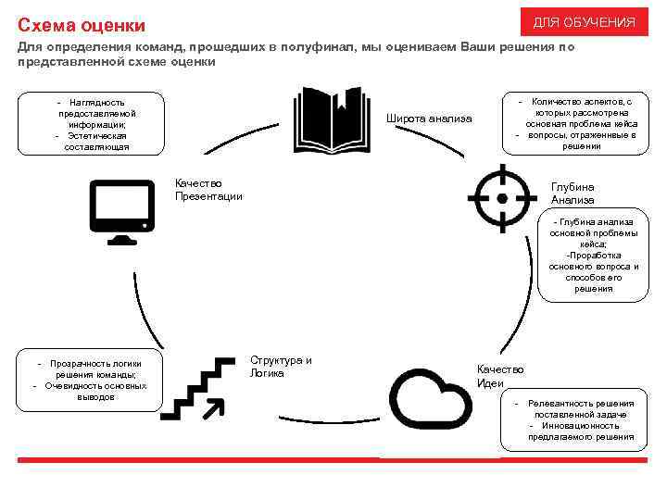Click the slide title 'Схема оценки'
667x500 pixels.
point(69,22)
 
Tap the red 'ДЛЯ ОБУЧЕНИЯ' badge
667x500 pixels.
point(584,21)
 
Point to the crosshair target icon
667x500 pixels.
point(502,197)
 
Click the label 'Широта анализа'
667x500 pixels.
point(429,119)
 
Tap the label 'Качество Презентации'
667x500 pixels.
point(208,189)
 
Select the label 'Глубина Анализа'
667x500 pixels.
point(572,193)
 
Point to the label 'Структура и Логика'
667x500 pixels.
point(281,367)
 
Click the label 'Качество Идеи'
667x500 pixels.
point(500,376)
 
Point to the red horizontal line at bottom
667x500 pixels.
point(333,460)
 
